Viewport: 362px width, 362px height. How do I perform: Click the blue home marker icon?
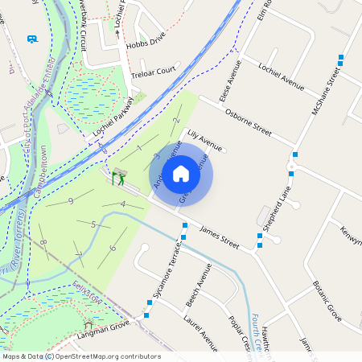(x=181, y=173)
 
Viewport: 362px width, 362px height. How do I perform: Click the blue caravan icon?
(x=32, y=38)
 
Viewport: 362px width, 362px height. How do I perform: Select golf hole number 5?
(x=94, y=224)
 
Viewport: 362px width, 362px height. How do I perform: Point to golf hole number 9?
(x=71, y=200)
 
